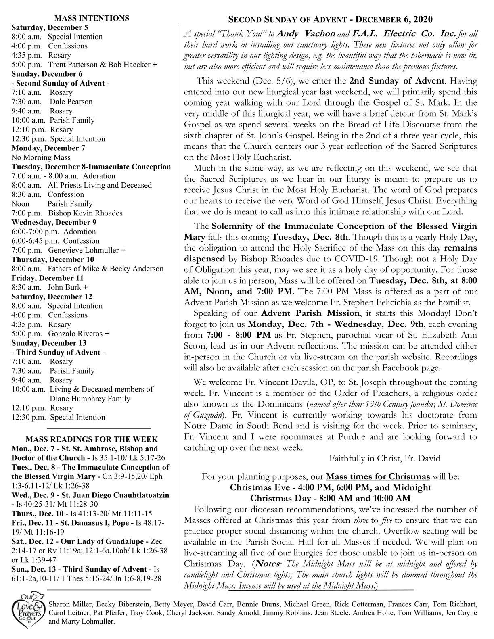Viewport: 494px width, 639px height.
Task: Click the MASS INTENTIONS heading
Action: [x=92, y=18]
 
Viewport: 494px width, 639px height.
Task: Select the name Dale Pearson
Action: [x=71, y=102]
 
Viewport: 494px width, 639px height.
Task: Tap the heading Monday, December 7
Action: [x=48, y=148]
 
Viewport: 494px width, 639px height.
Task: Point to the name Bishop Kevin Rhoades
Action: [x=85, y=213]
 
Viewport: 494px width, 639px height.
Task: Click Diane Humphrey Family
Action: [x=90, y=399]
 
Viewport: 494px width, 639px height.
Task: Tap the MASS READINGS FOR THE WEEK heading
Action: [x=92, y=439]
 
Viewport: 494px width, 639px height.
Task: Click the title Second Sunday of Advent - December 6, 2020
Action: [x=331, y=19]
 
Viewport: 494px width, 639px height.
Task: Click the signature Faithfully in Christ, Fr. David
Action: [x=385, y=458]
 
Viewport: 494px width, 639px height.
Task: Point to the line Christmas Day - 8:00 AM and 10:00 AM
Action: [x=331, y=498]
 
